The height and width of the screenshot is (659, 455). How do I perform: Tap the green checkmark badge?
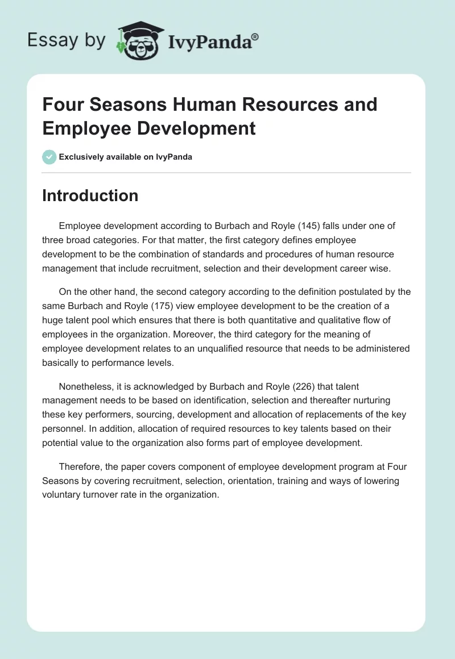(x=49, y=157)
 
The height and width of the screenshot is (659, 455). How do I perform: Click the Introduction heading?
(x=90, y=195)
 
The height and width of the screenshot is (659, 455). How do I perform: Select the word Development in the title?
(x=199, y=128)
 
